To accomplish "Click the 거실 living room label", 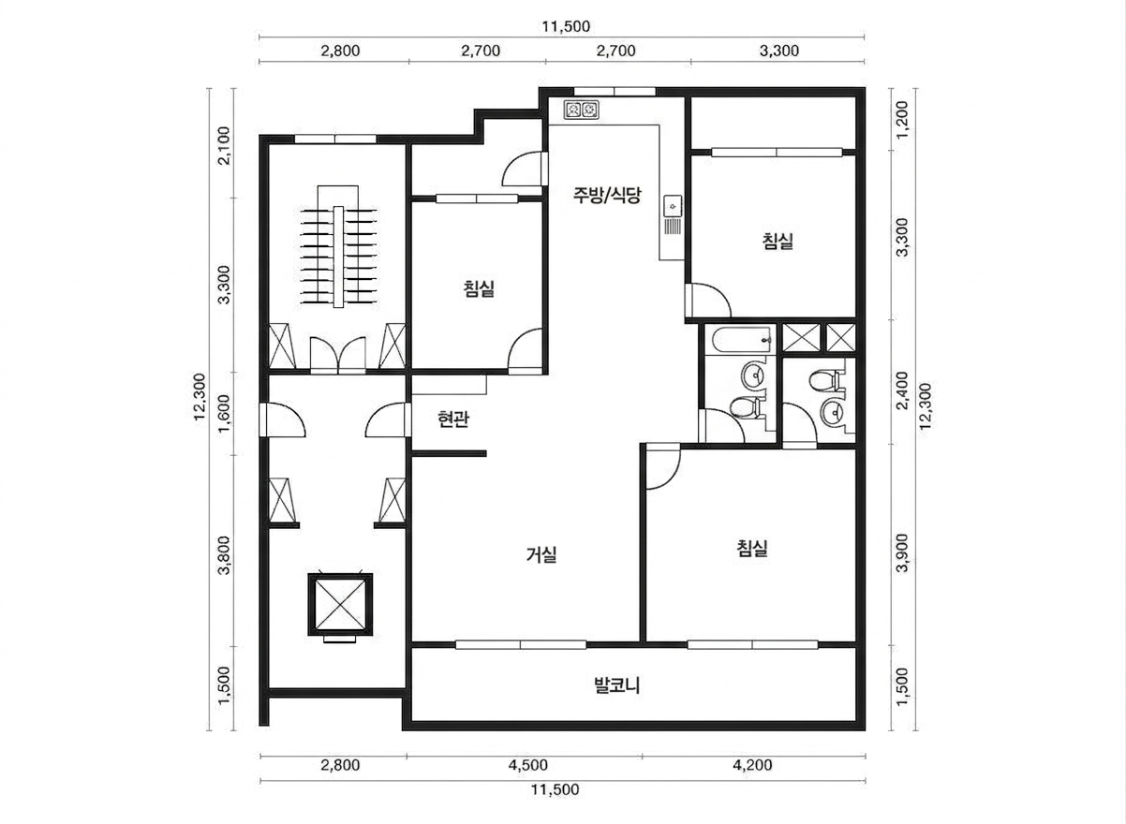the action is (x=541, y=555).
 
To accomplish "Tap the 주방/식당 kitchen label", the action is (x=607, y=195).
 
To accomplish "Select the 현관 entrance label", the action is (x=453, y=419).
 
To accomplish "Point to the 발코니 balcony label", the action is (x=617, y=685).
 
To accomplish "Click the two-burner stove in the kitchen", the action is (x=581, y=110).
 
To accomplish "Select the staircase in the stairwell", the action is (x=338, y=246).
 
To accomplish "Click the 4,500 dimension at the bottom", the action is (x=527, y=765).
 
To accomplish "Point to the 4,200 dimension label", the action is (x=752, y=765).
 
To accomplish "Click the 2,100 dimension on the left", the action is (x=224, y=145).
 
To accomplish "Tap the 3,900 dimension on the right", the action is (x=903, y=552).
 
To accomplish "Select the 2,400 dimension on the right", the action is (x=903, y=390).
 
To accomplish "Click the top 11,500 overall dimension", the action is (x=566, y=26).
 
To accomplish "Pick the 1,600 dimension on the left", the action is (x=224, y=414).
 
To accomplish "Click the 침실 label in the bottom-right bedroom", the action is (x=752, y=548).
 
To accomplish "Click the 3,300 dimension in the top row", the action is (x=779, y=51).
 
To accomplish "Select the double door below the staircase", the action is (x=338, y=355).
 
